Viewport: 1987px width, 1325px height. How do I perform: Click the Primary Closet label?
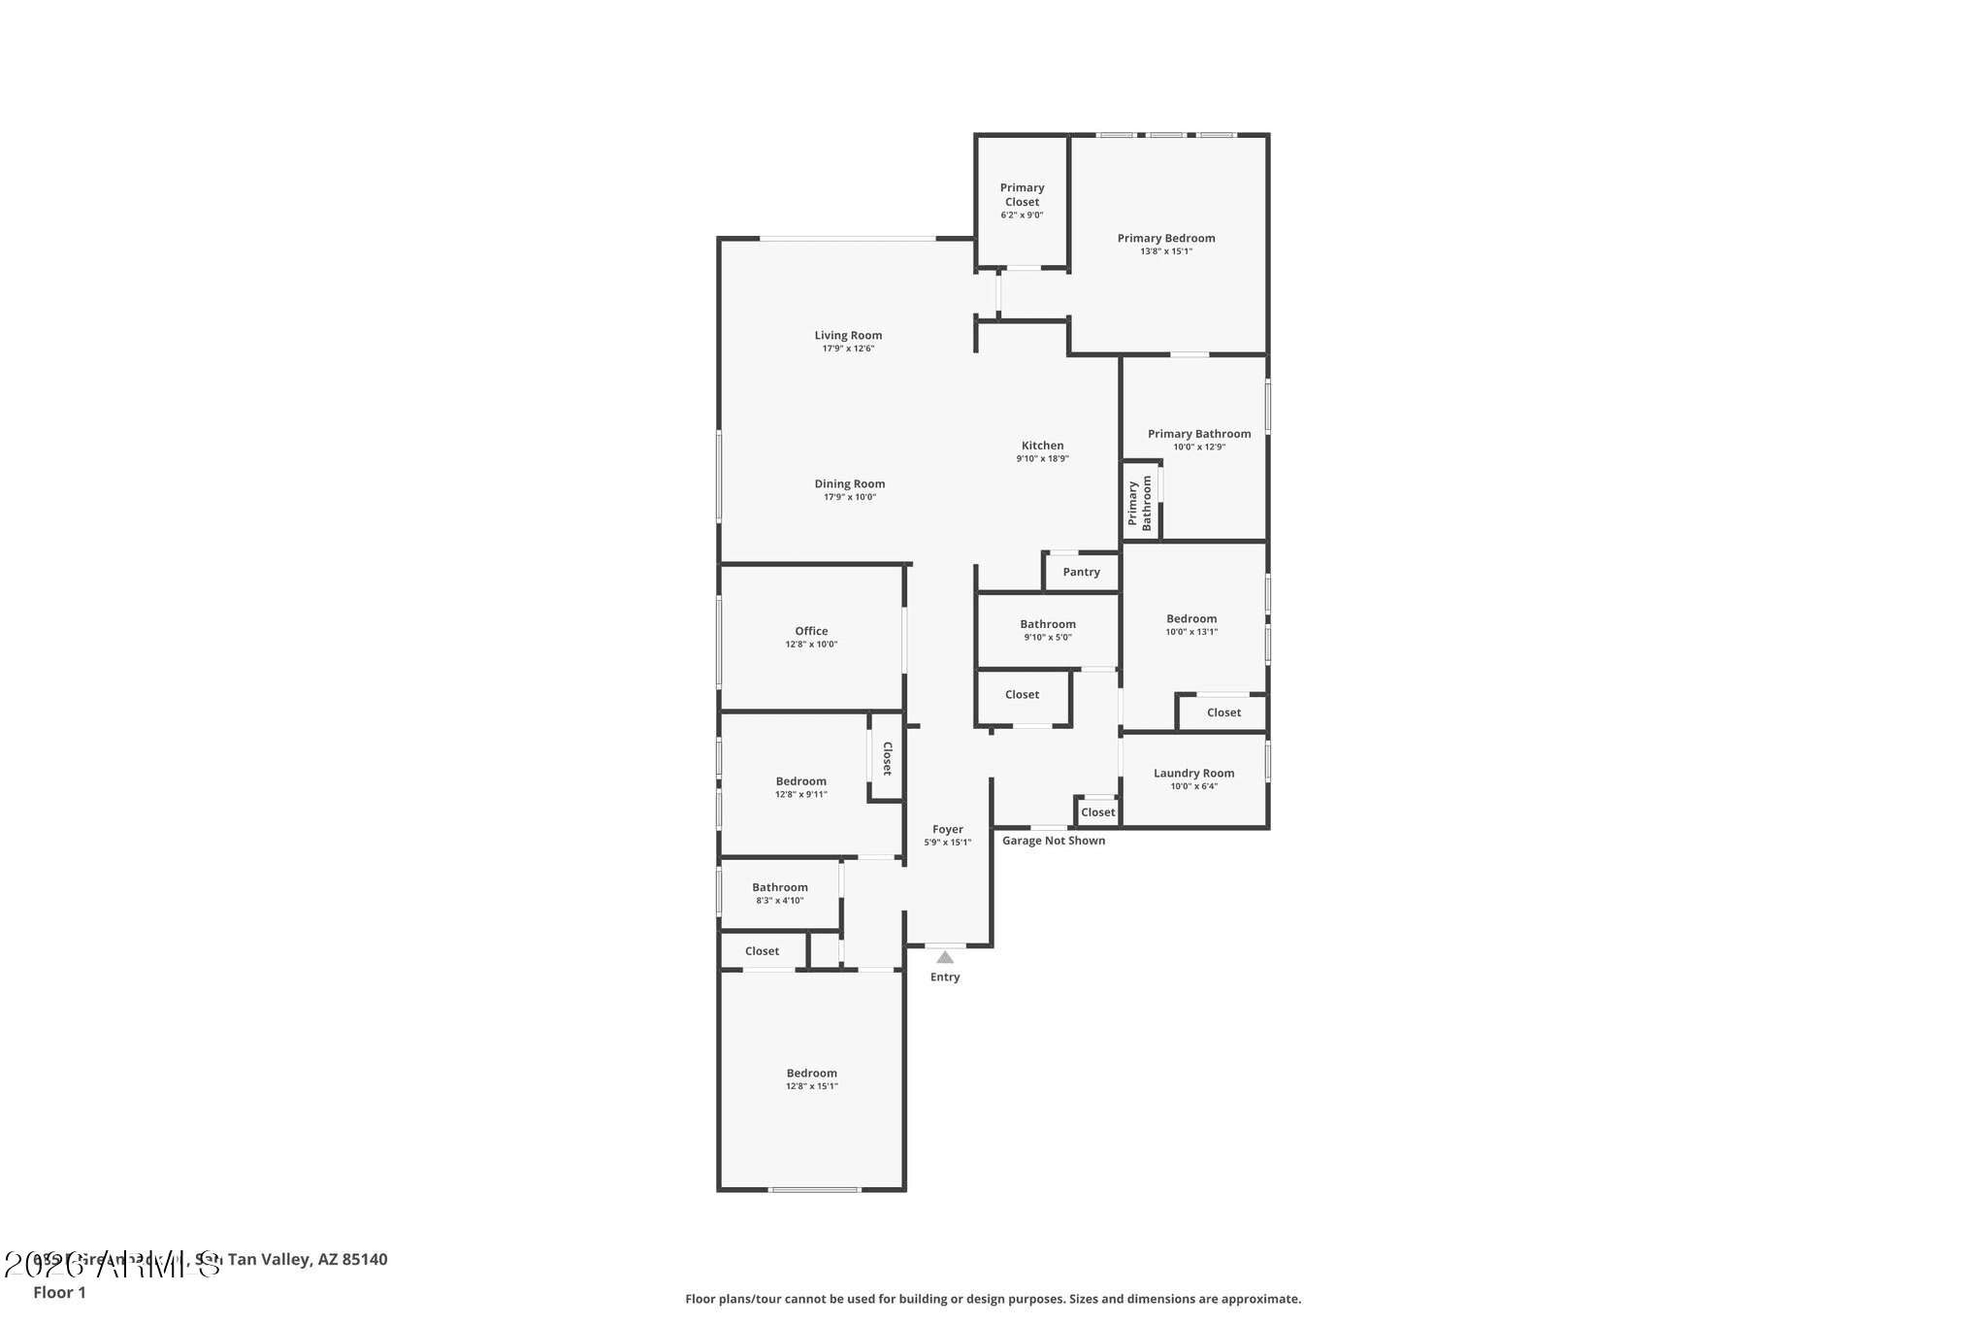[x=1022, y=195]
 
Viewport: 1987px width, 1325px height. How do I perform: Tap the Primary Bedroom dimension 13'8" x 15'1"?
[x=1165, y=251]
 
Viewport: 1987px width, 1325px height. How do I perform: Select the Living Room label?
[x=848, y=336]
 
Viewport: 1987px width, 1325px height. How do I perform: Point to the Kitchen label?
[x=1042, y=446]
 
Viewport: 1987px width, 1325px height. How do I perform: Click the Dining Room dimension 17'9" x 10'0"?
[x=849, y=497]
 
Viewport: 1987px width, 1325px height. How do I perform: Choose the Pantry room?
[x=1081, y=572]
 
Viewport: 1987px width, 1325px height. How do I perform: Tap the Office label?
[x=811, y=631]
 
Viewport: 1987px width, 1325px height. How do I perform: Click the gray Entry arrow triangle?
[x=945, y=957]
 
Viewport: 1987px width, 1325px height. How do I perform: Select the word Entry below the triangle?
[x=945, y=977]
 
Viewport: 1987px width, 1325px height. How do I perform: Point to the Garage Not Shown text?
[x=1053, y=841]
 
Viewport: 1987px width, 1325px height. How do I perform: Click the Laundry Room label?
[x=1193, y=774]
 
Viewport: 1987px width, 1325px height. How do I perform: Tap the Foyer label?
[x=947, y=830]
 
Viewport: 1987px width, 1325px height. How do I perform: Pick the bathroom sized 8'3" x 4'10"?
[x=779, y=893]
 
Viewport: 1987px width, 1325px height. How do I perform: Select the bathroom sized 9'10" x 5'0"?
[x=1047, y=630]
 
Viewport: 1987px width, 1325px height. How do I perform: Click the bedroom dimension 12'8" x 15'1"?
[x=811, y=1086]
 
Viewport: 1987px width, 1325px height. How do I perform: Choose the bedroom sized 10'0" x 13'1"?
[x=1191, y=624]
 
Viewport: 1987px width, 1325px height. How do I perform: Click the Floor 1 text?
[x=59, y=1292]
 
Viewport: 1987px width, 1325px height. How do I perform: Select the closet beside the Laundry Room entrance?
[x=1097, y=812]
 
